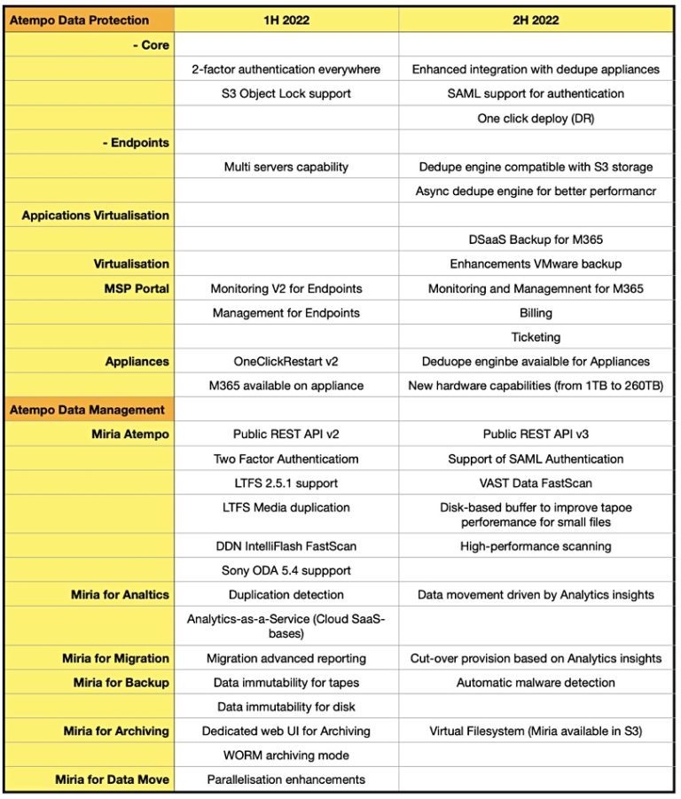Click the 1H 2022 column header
tap(286, 20)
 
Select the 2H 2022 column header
tap(536, 20)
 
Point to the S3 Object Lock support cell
tap(286, 93)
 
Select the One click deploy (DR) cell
tap(536, 118)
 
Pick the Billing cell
tap(536, 312)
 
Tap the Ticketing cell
tap(536, 337)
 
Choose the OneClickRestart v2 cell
tap(286, 361)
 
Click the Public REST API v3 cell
tap(536, 435)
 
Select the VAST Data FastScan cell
tap(536, 483)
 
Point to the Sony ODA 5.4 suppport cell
tap(286, 570)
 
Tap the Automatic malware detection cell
tap(536, 683)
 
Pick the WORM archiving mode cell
tap(286, 756)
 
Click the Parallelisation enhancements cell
tap(286, 779)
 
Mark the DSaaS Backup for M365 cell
tap(536, 239)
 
